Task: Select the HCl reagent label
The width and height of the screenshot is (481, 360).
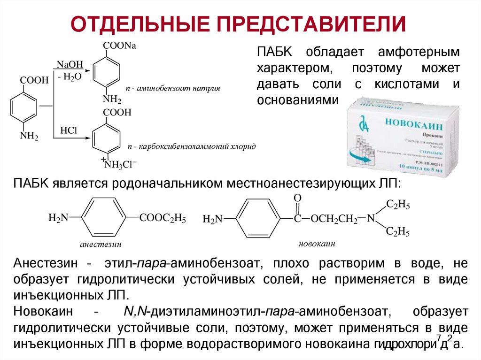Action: pyautogui.click(x=68, y=130)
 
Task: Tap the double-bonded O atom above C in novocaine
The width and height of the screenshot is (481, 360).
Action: pyautogui.click(x=297, y=198)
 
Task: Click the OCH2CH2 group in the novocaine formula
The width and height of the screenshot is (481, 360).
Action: pyautogui.click(x=333, y=219)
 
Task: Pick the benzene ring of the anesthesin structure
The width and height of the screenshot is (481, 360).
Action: pyautogui.click(x=104, y=217)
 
